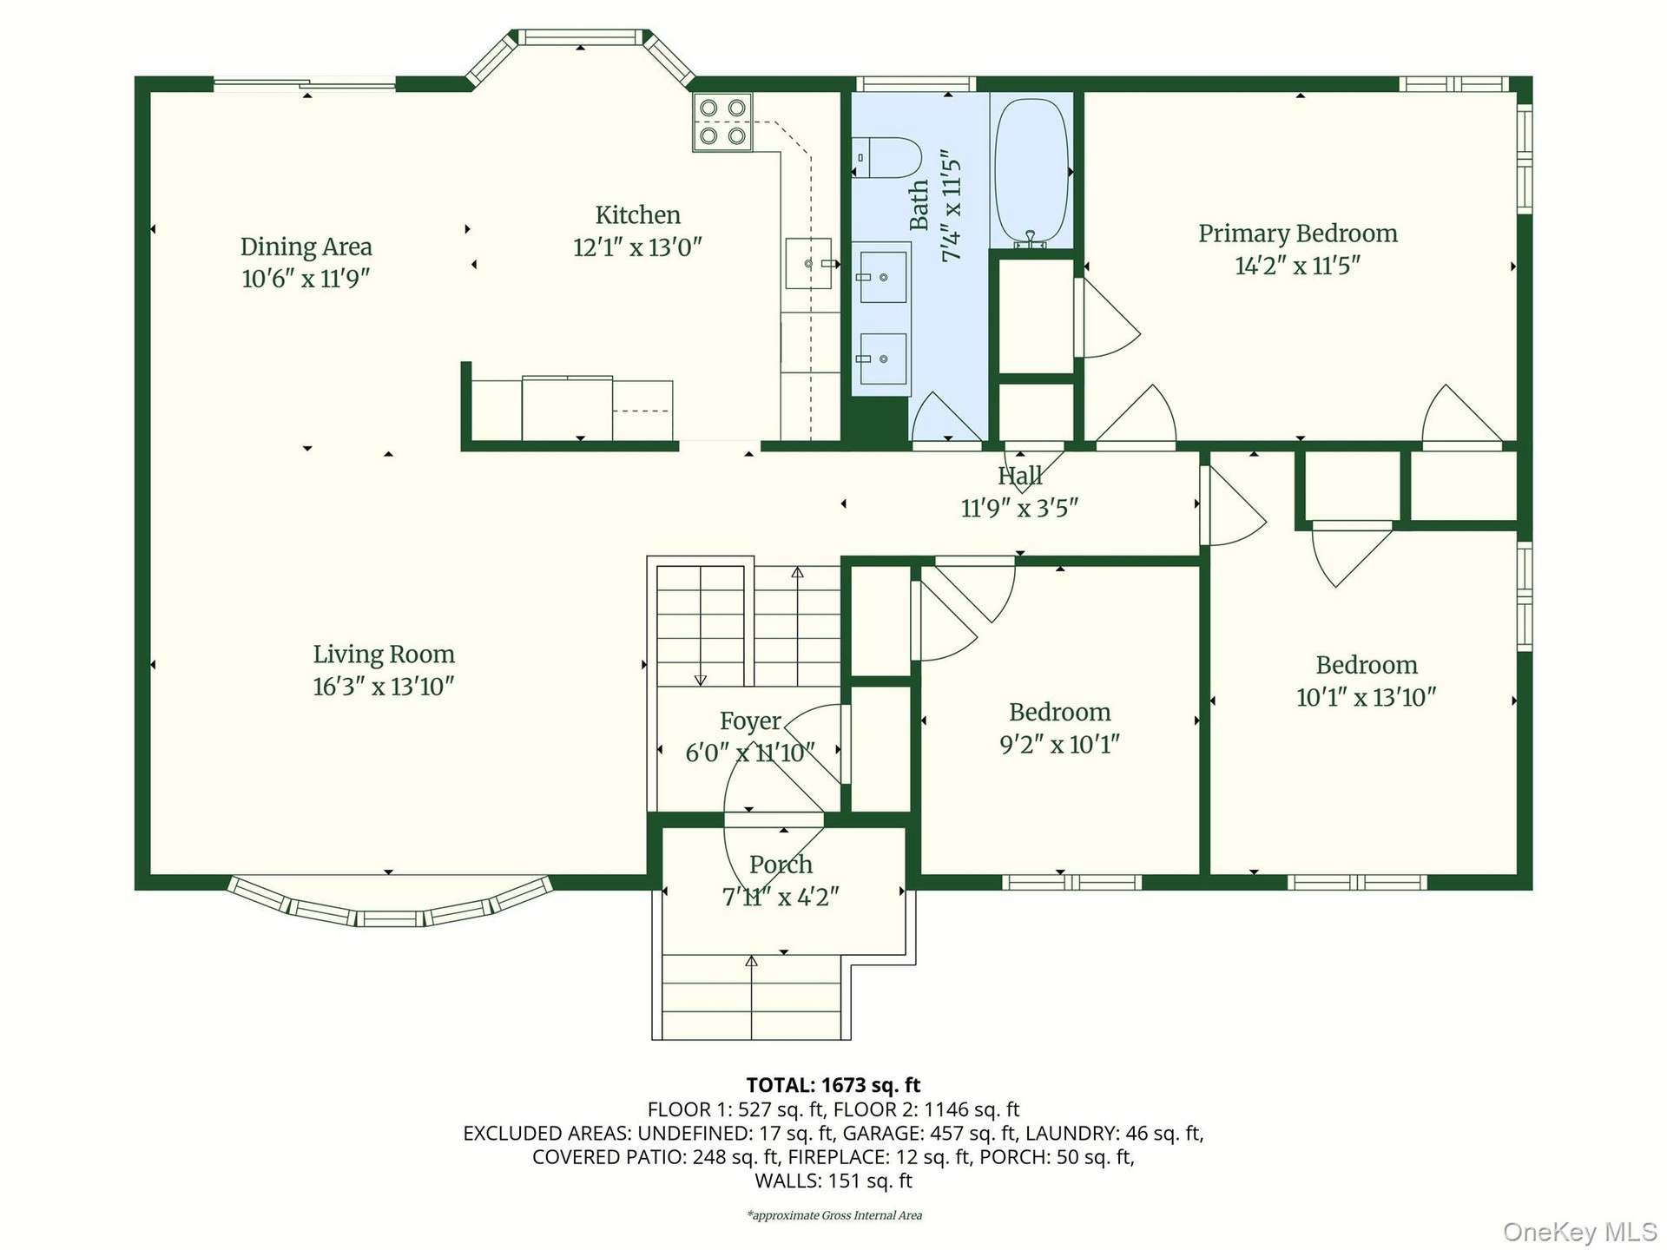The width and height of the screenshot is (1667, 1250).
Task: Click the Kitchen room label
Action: click(637, 214)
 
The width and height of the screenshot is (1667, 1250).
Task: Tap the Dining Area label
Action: click(306, 247)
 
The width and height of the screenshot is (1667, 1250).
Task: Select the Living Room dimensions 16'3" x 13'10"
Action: click(384, 687)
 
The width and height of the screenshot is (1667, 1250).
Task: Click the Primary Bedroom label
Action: click(1298, 234)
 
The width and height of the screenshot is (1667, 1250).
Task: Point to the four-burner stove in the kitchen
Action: click(722, 122)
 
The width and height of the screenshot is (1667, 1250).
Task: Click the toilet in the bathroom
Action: click(886, 158)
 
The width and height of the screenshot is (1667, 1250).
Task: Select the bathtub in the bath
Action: click(1031, 173)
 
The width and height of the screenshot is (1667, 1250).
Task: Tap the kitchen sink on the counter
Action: click(808, 263)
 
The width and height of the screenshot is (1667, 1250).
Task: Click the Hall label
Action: click(1020, 476)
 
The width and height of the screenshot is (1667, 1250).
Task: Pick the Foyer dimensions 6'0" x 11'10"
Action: click(750, 753)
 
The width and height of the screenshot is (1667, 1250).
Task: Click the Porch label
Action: click(781, 865)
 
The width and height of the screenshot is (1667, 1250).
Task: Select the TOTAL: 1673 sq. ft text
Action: click(833, 1085)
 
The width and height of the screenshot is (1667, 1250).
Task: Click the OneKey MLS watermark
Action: click(1580, 1231)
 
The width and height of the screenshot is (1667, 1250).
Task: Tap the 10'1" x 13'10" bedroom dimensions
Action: click(1367, 698)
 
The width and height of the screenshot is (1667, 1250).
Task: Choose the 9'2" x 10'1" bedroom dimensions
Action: click(1060, 745)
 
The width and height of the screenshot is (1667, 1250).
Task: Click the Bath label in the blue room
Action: click(919, 206)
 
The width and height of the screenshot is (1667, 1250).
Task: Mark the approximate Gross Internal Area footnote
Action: click(834, 1215)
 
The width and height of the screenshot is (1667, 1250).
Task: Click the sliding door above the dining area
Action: click(305, 84)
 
